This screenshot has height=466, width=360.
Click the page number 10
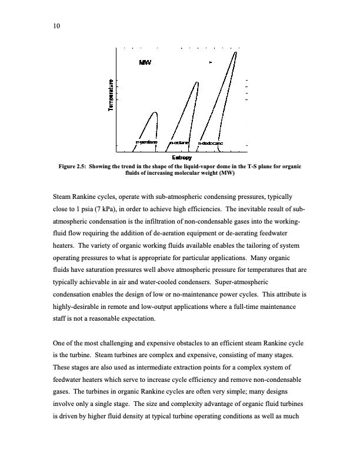(56, 26)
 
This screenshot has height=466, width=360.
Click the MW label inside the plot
(145, 62)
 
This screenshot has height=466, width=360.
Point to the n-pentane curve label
(146, 142)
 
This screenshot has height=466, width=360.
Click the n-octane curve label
(179, 142)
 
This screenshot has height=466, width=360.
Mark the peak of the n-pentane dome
(155, 112)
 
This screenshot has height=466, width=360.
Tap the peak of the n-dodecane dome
(236, 51)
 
